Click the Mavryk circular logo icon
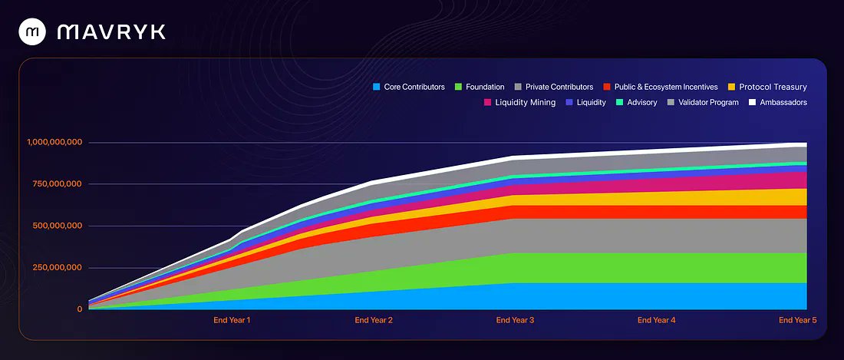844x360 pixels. (x=32, y=31)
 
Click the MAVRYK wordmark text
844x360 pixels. (x=111, y=31)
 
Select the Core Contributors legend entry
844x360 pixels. (x=408, y=88)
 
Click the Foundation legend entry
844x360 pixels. (x=480, y=88)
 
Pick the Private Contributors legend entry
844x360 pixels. (x=554, y=88)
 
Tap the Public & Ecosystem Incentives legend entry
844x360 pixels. (x=661, y=88)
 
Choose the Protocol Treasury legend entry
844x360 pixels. (x=767, y=88)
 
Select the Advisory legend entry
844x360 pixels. (x=636, y=102)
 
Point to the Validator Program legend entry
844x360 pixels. (x=704, y=102)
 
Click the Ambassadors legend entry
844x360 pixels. (x=778, y=102)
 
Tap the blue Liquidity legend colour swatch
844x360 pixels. (x=569, y=102)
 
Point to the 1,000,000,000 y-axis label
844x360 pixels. (x=54, y=142)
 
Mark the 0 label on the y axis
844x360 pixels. (x=79, y=309)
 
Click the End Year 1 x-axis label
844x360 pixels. (x=232, y=320)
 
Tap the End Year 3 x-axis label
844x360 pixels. (x=515, y=320)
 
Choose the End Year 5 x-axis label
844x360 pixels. (x=798, y=320)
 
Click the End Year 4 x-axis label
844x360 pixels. (x=657, y=320)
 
